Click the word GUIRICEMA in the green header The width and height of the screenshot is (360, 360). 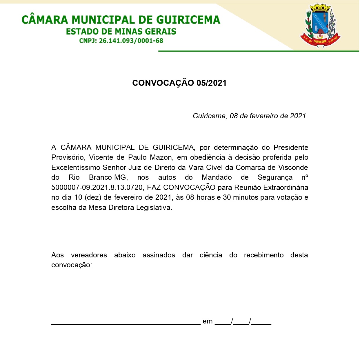coord(188,20)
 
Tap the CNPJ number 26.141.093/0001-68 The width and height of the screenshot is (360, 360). coord(131,41)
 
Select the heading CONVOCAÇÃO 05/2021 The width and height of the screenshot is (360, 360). coord(179,83)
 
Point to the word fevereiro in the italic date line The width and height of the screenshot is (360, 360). coord(263,116)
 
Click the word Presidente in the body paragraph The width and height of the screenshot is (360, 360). coord(291,148)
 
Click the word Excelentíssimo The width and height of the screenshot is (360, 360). coord(76,168)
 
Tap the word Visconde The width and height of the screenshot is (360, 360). coord(293,168)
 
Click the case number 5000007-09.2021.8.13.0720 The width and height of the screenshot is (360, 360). coord(97,188)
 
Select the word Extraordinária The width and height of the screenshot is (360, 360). coord(286,188)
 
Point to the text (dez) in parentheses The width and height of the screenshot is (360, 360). coord(93,197)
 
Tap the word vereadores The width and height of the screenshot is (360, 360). coord(89,255)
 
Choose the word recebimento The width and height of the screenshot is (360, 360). coord(264,255)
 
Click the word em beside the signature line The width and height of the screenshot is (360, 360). coord(208,321)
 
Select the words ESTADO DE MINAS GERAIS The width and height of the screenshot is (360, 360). coord(121,32)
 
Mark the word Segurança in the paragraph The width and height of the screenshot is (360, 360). coord(275,178)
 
